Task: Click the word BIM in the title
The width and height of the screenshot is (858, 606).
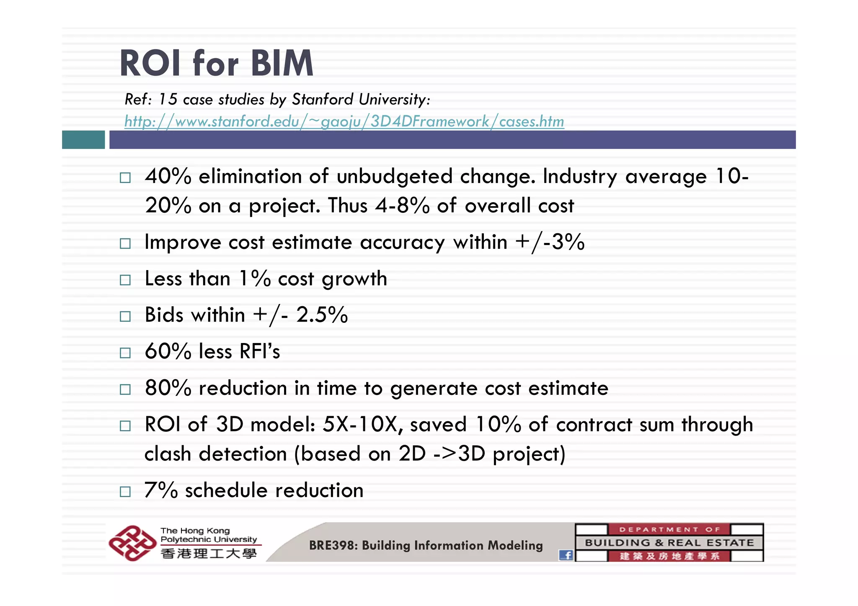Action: coord(282,64)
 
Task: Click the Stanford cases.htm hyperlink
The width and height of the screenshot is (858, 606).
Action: coord(344,121)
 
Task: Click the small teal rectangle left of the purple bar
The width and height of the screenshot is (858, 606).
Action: coord(83,139)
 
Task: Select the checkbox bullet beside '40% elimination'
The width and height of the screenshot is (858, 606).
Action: coord(125,178)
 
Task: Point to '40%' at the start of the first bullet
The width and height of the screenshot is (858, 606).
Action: coord(168,176)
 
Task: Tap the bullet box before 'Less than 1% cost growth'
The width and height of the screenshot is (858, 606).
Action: coord(125,280)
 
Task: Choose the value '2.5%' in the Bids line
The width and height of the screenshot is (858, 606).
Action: coord(322,315)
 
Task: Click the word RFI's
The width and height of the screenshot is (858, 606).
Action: coord(259,351)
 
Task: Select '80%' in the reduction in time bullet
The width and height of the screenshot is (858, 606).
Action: coord(168,388)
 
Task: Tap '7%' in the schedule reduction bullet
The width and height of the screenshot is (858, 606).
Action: coord(161,490)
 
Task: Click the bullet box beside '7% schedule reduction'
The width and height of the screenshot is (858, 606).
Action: coord(125,491)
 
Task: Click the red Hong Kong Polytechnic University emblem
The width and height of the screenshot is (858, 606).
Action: coord(131,543)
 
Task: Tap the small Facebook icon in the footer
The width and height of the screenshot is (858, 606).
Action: coord(566,555)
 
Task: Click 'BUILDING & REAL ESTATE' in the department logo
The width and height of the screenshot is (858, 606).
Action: coord(669,543)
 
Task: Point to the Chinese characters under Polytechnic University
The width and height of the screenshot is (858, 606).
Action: coord(208,554)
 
